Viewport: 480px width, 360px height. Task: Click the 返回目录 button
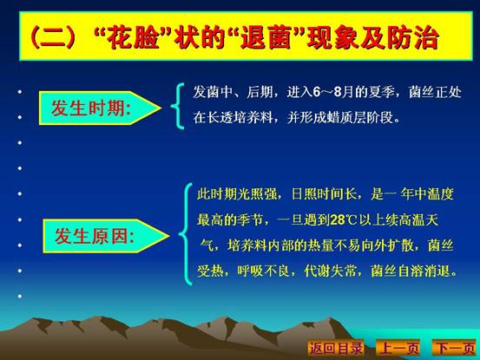click(336, 348)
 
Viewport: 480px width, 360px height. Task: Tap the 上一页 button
click(398, 348)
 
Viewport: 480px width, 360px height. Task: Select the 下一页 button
click(455, 348)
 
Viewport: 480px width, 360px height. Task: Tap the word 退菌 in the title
click(266, 38)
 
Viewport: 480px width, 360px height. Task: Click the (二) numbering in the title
click(53, 38)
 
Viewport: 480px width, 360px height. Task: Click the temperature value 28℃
click(344, 220)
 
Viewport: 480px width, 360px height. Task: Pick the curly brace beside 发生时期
click(178, 106)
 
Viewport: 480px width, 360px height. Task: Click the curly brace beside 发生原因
click(186, 234)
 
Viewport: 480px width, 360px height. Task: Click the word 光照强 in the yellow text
click(257, 194)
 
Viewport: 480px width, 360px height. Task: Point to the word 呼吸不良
click(264, 271)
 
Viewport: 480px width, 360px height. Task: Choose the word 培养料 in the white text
click(253, 118)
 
